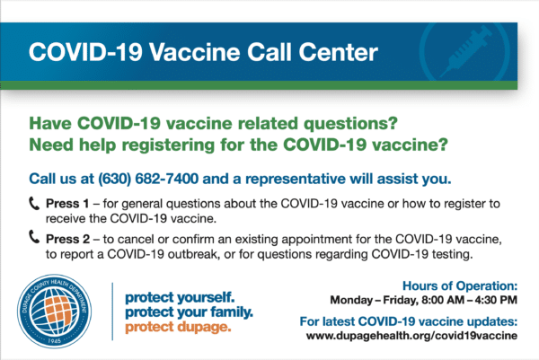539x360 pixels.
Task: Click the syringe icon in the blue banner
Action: [465, 52]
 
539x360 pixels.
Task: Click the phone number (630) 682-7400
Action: [148, 179]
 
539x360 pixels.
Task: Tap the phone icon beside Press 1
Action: [34, 204]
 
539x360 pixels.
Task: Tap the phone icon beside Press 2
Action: [34, 237]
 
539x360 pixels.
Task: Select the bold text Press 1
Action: [67, 204]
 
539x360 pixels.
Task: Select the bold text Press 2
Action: [67, 239]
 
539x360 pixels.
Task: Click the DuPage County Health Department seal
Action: [54, 312]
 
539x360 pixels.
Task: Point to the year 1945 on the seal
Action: [54, 341]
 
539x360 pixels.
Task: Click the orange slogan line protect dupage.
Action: [178, 327]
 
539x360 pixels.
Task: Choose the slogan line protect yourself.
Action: [180, 297]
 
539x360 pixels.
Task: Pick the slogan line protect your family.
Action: [189, 312]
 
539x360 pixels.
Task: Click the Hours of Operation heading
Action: [460, 285]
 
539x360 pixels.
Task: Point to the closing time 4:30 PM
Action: [496, 300]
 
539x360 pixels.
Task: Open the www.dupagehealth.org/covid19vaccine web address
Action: [411, 336]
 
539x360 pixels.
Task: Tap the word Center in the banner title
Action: [339, 52]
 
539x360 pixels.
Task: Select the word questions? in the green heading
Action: [350, 124]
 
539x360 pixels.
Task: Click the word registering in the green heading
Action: [169, 145]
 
